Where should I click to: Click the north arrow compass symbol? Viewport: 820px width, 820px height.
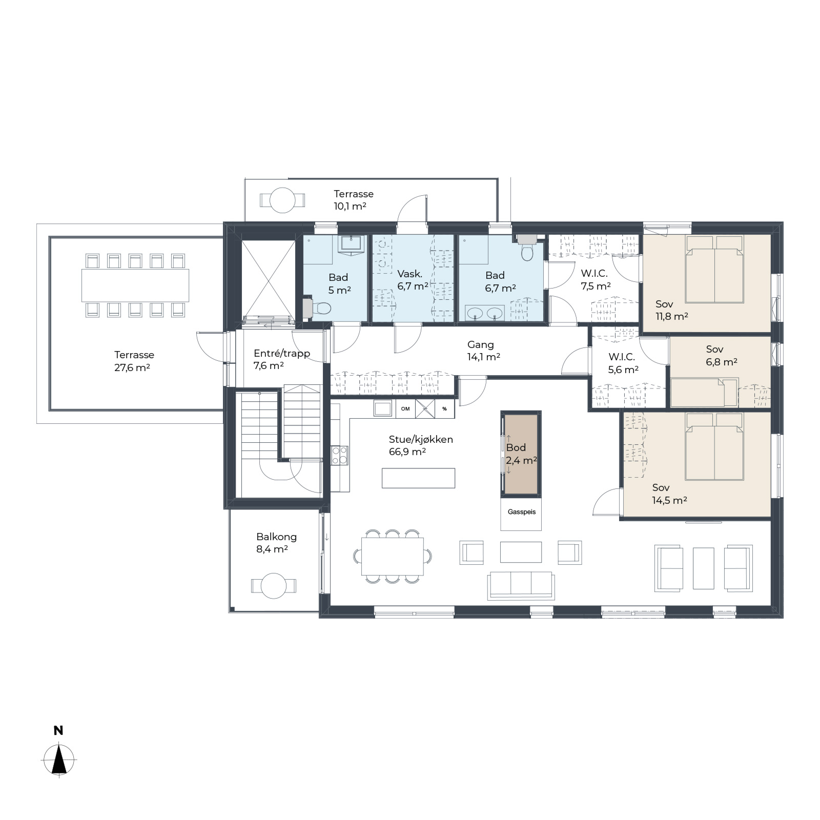[59, 760]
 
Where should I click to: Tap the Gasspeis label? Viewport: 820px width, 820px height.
[521, 512]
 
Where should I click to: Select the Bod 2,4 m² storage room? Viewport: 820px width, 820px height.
[521, 454]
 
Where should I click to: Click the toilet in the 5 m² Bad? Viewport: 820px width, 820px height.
[318, 308]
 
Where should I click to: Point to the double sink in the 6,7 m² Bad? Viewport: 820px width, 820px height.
[485, 313]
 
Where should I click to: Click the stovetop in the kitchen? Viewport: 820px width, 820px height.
[339, 455]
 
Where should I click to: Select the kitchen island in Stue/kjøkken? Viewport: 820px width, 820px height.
[418, 478]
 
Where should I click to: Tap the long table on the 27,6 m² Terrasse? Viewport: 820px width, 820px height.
[135, 285]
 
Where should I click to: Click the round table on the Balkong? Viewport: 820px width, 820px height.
[274, 585]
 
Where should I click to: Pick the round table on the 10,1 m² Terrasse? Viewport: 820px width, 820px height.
[282, 200]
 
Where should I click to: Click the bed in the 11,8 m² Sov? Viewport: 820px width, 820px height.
[714, 269]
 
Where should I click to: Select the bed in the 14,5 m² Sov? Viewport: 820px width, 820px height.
[714, 446]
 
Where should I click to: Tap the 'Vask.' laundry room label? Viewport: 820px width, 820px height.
[409, 274]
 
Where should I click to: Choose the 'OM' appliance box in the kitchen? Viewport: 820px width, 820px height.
[405, 408]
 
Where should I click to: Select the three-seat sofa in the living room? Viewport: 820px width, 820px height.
[521, 585]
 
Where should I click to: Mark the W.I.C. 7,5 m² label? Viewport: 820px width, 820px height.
[595, 280]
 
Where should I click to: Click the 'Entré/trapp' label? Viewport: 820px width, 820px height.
[282, 353]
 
